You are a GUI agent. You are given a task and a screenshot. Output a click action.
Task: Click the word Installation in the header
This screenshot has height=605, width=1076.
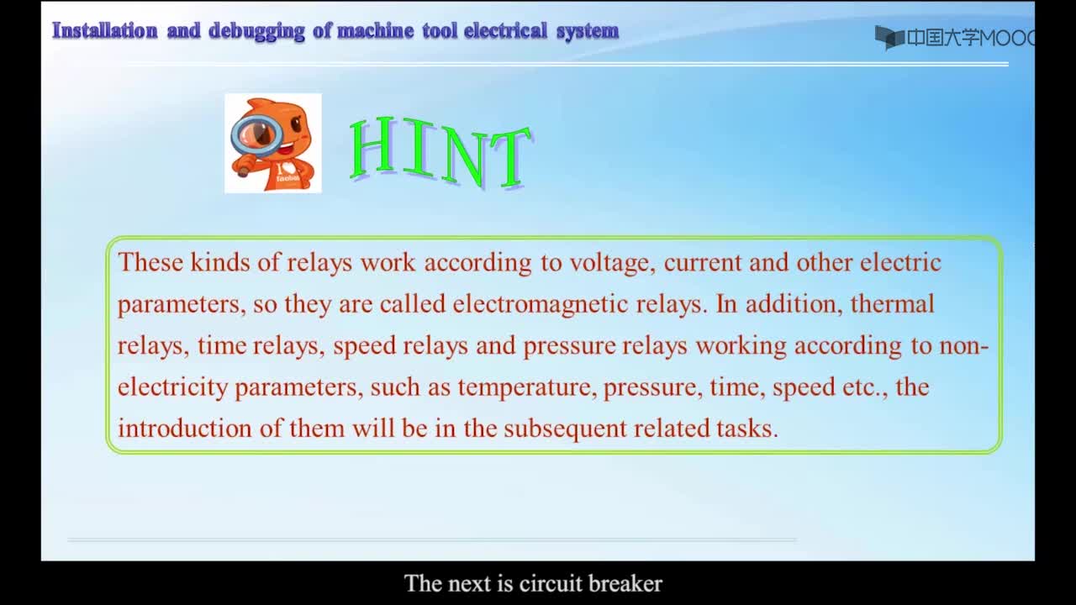click(105, 31)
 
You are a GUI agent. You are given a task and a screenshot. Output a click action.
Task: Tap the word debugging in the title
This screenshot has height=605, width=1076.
click(256, 32)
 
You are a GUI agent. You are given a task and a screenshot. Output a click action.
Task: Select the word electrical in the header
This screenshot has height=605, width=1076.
click(505, 31)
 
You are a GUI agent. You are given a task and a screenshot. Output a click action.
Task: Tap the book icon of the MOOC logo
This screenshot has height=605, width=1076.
click(889, 38)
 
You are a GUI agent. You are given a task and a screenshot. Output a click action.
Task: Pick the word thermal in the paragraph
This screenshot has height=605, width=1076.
click(892, 304)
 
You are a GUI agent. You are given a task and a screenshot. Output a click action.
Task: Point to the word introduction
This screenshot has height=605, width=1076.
click(185, 429)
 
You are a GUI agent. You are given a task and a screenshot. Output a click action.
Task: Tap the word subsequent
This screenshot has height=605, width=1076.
click(565, 429)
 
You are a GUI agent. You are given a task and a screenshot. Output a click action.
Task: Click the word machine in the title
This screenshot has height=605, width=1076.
click(375, 31)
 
